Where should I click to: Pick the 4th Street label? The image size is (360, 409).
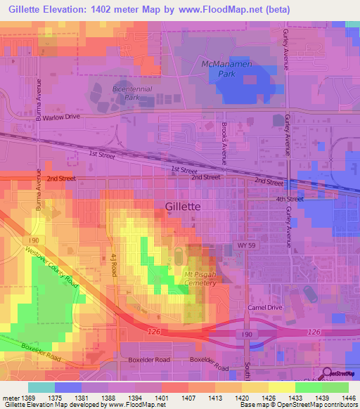(289, 199)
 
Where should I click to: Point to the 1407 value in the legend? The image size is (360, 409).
(188, 397)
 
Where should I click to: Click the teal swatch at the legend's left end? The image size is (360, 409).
(41, 387)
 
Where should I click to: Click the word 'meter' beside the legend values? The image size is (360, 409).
(9, 397)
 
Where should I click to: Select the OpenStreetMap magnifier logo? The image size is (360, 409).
(327, 374)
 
